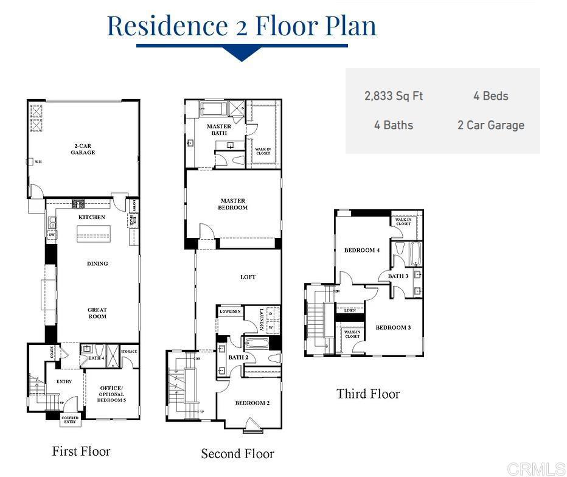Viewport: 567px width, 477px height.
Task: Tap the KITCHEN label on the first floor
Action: (x=92, y=217)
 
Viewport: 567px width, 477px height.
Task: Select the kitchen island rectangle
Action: (x=93, y=234)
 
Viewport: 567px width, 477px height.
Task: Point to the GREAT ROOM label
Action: (x=97, y=313)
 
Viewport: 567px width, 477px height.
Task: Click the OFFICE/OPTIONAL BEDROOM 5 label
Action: (x=111, y=394)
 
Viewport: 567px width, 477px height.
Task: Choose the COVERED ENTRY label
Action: (x=70, y=420)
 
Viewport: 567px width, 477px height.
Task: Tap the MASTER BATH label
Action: (x=218, y=130)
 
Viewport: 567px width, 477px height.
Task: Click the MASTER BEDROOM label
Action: (x=233, y=204)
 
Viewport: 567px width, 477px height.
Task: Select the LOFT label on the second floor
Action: (x=248, y=277)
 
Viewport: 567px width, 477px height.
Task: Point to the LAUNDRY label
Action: (x=261, y=320)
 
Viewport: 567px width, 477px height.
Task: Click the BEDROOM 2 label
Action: (x=252, y=403)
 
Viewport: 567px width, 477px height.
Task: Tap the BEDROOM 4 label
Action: (x=362, y=250)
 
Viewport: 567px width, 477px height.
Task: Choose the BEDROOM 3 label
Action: (x=393, y=327)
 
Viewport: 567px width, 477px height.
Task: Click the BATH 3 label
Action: (x=398, y=276)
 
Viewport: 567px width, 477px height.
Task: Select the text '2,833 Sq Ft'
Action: (x=394, y=96)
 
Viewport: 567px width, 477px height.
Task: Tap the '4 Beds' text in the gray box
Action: (x=490, y=96)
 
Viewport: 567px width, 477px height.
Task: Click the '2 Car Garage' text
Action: (x=490, y=125)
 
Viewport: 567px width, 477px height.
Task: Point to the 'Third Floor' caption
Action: (x=368, y=394)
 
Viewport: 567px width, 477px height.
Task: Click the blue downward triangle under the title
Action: (x=242, y=55)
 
